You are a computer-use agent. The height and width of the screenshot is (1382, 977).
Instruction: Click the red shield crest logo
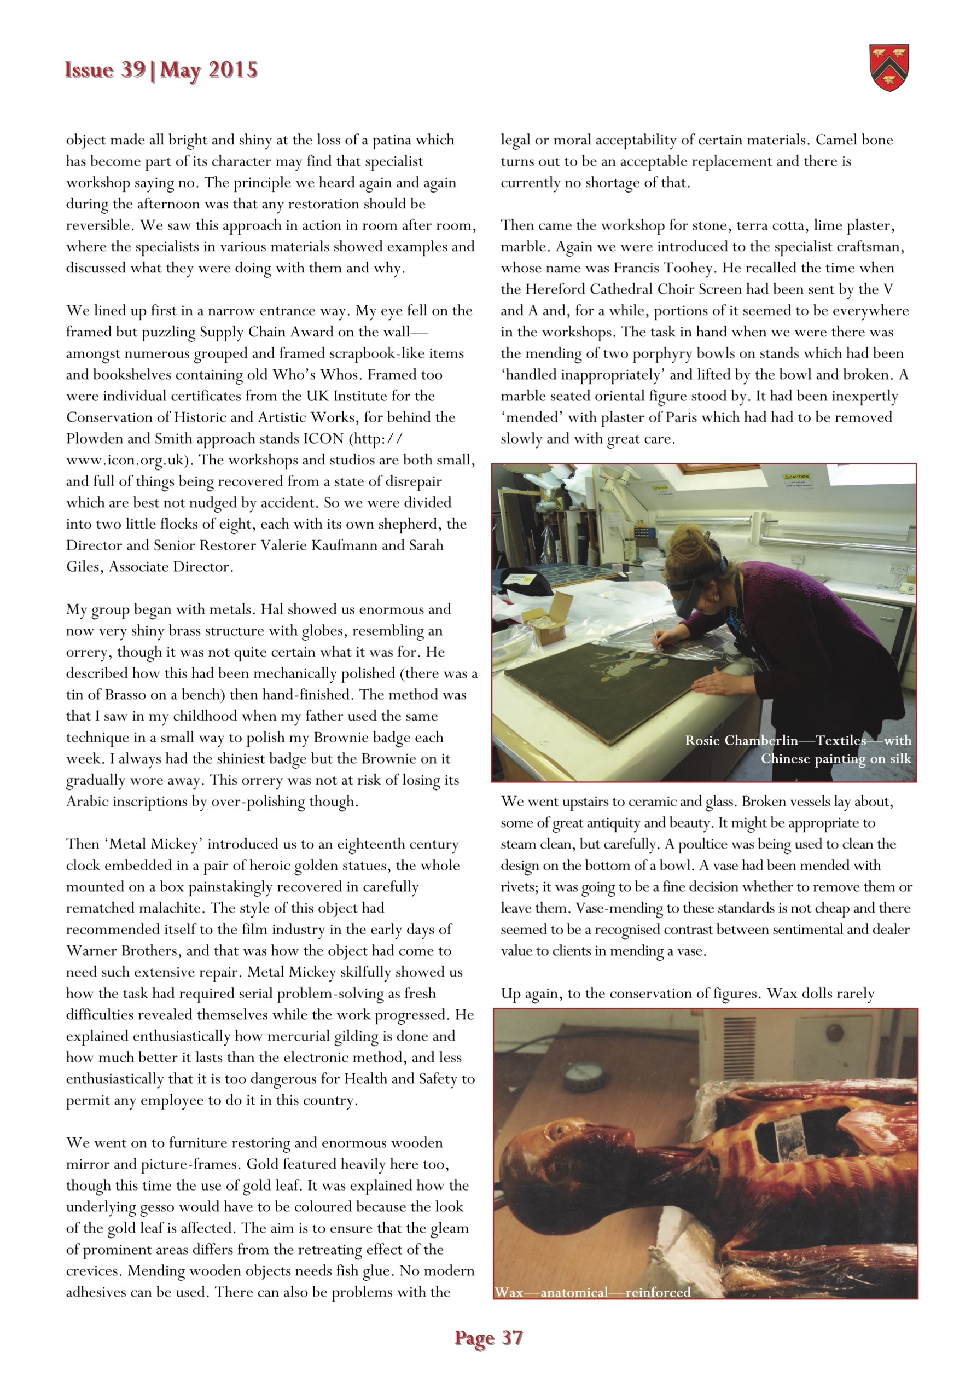point(889,68)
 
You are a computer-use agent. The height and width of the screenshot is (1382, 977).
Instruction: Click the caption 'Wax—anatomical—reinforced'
point(592,1292)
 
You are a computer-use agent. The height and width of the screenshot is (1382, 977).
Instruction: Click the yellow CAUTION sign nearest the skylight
point(797,480)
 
